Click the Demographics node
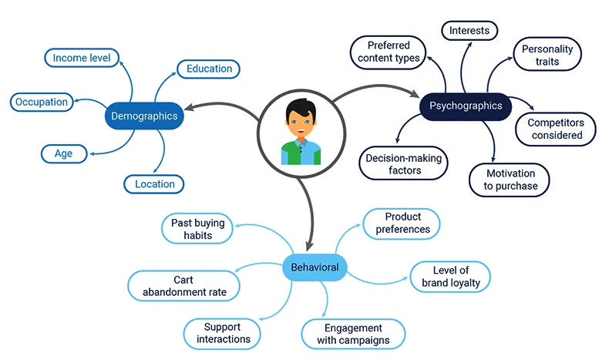click(144, 116)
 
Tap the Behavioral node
click(314, 267)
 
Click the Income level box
click(81, 57)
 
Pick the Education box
click(209, 69)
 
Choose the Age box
click(64, 153)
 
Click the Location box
click(155, 183)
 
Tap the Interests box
click(469, 31)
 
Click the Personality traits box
click(547, 56)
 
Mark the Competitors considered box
click(555, 129)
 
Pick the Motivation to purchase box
click(509, 180)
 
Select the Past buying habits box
click(197, 229)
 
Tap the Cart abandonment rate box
click(183, 286)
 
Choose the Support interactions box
click(223, 333)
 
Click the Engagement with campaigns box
click(352, 333)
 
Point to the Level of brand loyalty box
click(450, 276)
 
